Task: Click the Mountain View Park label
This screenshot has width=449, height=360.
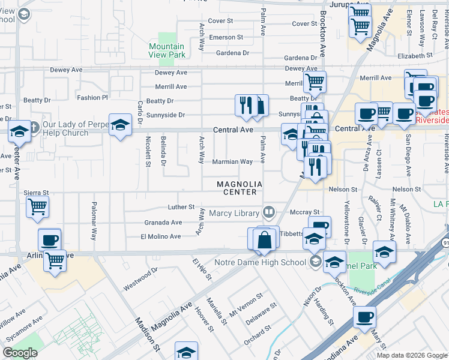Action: pos(166,50)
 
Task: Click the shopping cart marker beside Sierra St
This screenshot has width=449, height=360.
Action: pos(37,207)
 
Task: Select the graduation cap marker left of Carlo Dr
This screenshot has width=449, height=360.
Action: pos(120,125)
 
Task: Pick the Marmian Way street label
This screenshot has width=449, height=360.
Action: pos(232,162)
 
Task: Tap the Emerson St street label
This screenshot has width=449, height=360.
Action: pos(226,37)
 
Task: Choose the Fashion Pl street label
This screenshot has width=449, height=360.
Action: pos(92,97)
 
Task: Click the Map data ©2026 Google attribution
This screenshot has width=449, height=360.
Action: pos(411,355)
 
